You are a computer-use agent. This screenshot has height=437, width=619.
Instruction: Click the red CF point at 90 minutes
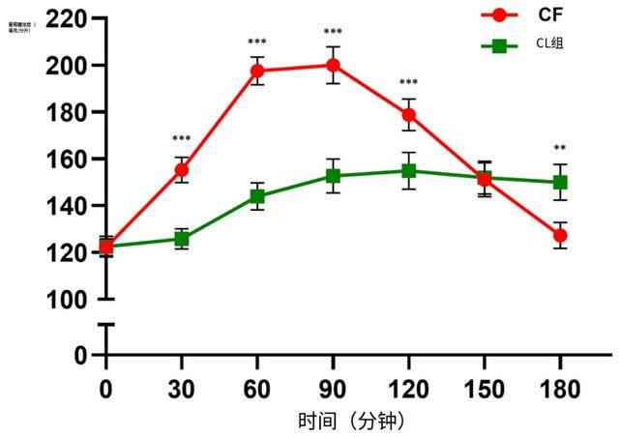pos(333,66)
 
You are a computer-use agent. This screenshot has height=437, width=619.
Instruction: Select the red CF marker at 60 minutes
pos(257,71)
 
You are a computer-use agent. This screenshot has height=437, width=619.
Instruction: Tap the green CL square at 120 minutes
pos(409,171)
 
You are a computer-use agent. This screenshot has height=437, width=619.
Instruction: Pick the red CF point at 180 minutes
pos(560,235)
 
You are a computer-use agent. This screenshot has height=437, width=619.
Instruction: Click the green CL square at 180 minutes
pos(560,183)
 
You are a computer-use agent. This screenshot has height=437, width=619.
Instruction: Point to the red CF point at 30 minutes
pos(182,170)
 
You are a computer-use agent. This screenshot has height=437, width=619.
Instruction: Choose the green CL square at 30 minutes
pos(182,239)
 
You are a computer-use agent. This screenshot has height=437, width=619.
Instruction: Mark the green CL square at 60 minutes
pos(257,196)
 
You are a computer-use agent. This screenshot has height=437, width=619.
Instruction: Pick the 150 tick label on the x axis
pos(484,390)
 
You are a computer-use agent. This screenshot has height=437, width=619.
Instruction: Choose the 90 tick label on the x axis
pos(333,390)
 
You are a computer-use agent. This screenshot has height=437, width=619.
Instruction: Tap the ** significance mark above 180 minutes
pos(560,149)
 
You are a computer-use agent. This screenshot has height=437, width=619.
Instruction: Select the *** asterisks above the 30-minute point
pos(182,139)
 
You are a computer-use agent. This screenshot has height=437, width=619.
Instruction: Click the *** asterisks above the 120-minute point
pos(409,83)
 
